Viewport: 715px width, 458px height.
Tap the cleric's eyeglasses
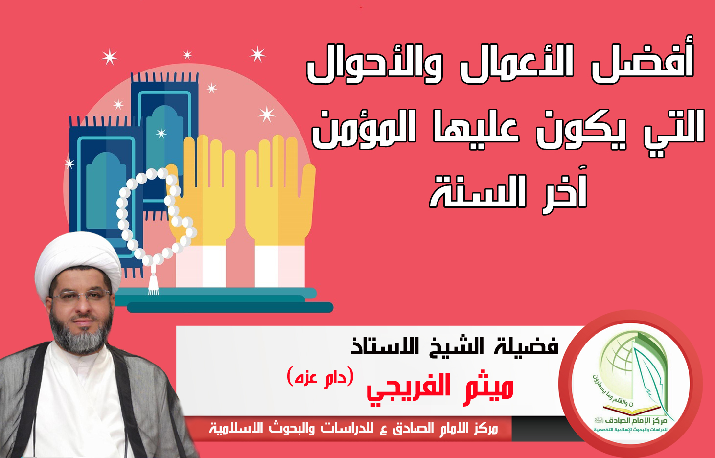81,295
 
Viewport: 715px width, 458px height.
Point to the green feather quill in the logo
651,383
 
